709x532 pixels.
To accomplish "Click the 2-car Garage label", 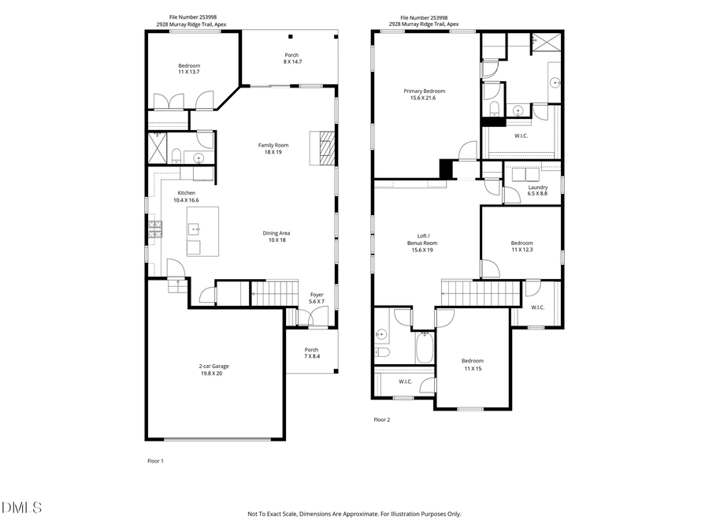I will tap(214, 370).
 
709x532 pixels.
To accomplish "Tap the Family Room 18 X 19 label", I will tap(273, 148).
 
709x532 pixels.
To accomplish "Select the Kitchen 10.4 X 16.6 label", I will tap(186, 197).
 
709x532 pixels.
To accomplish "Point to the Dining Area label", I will tap(273, 236).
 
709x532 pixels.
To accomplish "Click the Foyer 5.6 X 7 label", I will tap(316, 298).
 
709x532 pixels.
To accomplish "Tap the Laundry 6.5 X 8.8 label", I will tap(537, 191).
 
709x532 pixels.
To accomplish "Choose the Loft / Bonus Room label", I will tap(422, 243).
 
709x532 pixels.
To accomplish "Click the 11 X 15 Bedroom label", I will tap(473, 364).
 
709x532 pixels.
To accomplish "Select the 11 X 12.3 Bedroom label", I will tap(522, 247).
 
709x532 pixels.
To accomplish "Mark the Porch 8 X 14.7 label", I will tap(292, 58).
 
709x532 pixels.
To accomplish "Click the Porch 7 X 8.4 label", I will tap(312, 353).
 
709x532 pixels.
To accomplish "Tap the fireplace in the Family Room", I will tap(326, 147).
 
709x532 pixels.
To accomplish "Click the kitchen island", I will tap(202, 231).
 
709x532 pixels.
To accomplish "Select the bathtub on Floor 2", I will tap(425, 348).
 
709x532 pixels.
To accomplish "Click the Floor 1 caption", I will tap(155, 460).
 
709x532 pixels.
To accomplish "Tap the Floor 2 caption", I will tap(381, 420).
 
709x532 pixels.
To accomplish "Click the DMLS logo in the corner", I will tap(21, 508).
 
